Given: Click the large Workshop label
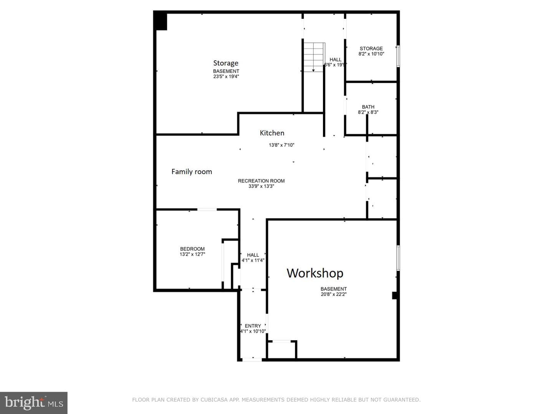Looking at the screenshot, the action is pyautogui.click(x=315, y=273).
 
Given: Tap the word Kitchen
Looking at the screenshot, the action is pyautogui.click(x=272, y=133).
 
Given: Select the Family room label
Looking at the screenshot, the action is pyautogui.click(x=192, y=172).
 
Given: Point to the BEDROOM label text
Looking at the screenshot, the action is pyautogui.click(x=192, y=249).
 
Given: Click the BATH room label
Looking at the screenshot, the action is pyautogui.click(x=368, y=107).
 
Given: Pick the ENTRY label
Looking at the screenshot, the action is pyautogui.click(x=253, y=326).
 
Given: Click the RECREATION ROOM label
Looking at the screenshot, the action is pyautogui.click(x=261, y=181).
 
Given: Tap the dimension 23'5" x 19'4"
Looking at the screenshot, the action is pyautogui.click(x=226, y=76).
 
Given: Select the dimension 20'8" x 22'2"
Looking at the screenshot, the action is pyautogui.click(x=334, y=294).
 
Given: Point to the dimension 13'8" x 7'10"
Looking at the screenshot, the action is pyautogui.click(x=281, y=145).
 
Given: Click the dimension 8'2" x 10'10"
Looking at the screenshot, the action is pyautogui.click(x=371, y=54).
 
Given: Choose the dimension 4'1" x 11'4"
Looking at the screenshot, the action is pyautogui.click(x=253, y=260).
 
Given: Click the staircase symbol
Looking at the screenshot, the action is pyautogui.click(x=313, y=58).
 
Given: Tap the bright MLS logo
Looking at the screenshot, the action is pyautogui.click(x=33, y=402).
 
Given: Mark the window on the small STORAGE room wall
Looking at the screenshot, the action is pyautogui.click(x=398, y=56).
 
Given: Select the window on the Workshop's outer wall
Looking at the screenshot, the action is pyautogui.click(x=398, y=258).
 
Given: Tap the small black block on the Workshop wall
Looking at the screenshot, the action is pyautogui.click(x=395, y=295).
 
